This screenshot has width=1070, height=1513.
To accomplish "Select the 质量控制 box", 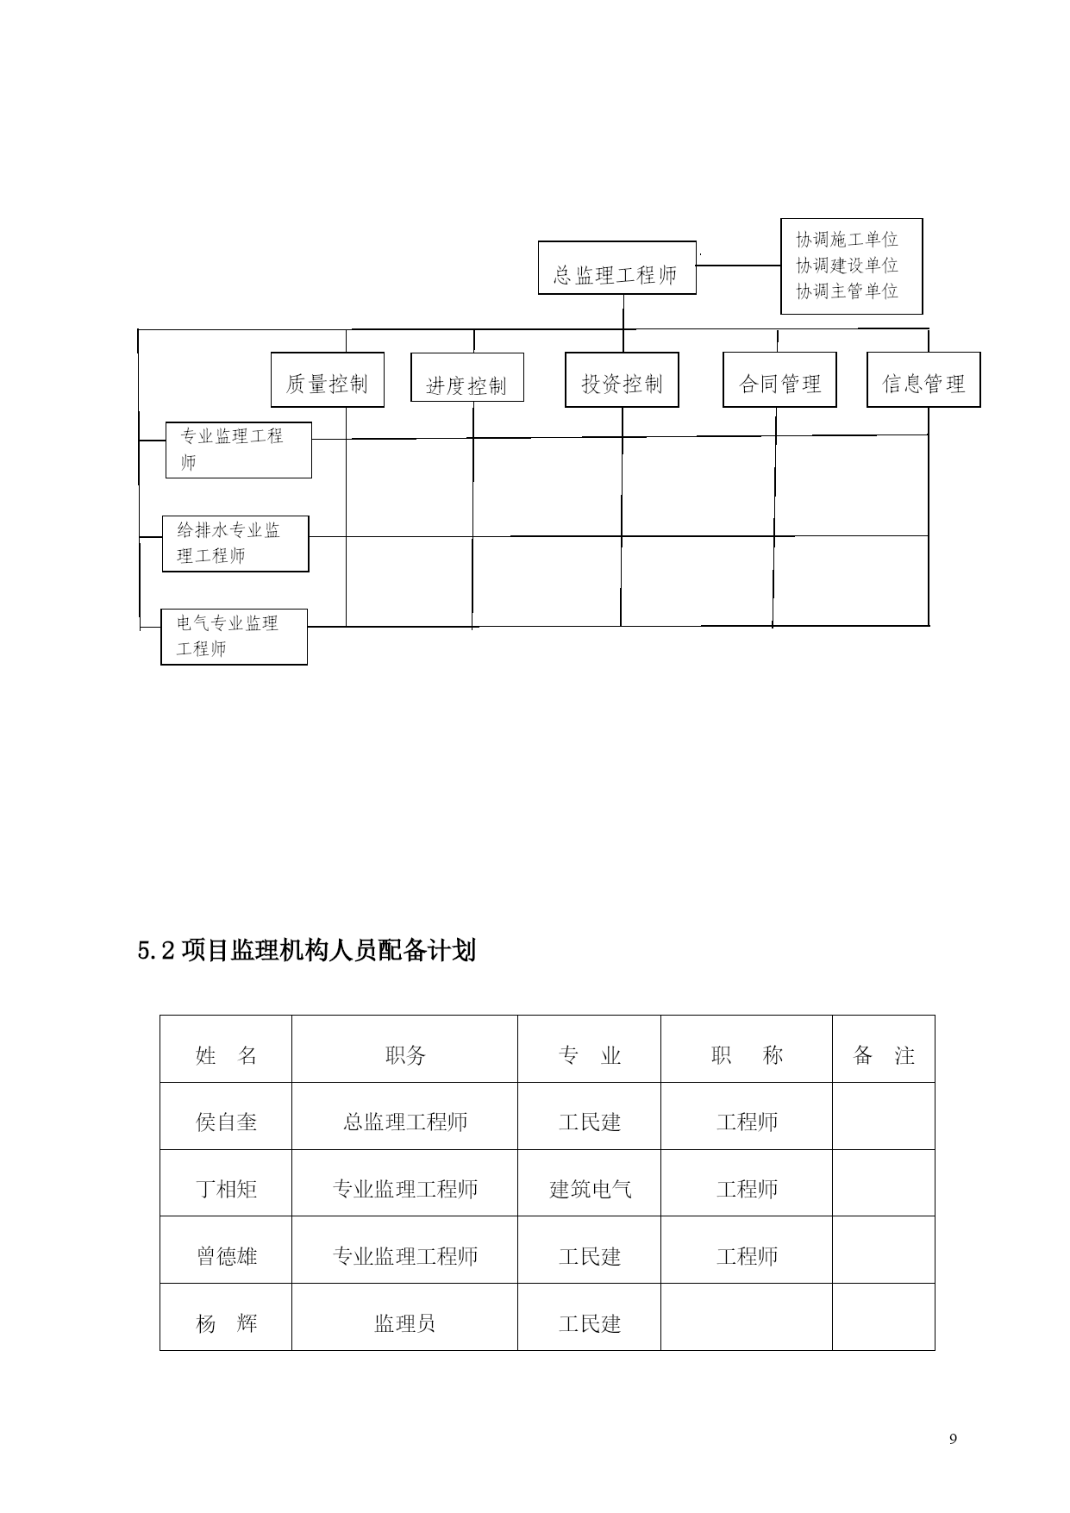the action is [x=328, y=379].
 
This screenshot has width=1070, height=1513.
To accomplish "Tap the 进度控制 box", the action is [x=467, y=377].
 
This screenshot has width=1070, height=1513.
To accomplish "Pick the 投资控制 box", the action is [x=622, y=379].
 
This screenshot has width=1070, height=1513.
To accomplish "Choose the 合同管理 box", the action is [x=779, y=379].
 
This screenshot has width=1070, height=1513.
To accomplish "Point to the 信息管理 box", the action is [x=923, y=379].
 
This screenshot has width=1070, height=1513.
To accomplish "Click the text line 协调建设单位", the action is [x=847, y=266].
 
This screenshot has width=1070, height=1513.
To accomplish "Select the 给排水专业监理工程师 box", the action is [x=235, y=544].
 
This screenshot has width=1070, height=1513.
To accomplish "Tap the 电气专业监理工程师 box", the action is [x=234, y=637].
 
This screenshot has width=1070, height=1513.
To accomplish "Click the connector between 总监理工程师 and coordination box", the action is [x=738, y=266].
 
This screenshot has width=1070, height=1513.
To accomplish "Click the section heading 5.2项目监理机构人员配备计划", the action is [x=307, y=951].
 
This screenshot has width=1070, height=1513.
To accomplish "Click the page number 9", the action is [x=953, y=1439].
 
